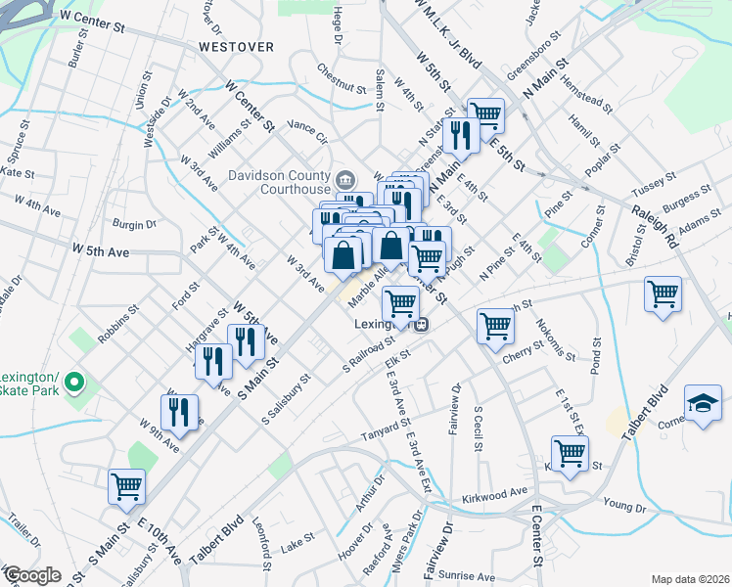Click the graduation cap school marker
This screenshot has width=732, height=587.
(702, 404)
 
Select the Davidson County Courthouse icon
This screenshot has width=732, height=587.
(344, 180)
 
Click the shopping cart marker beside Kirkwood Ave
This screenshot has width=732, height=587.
(569, 453)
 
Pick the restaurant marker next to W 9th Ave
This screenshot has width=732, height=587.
(178, 411)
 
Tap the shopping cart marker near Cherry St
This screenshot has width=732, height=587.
(495, 325)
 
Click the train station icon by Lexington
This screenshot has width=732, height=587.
(420, 325)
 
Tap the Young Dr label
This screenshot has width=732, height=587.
(625, 505)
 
